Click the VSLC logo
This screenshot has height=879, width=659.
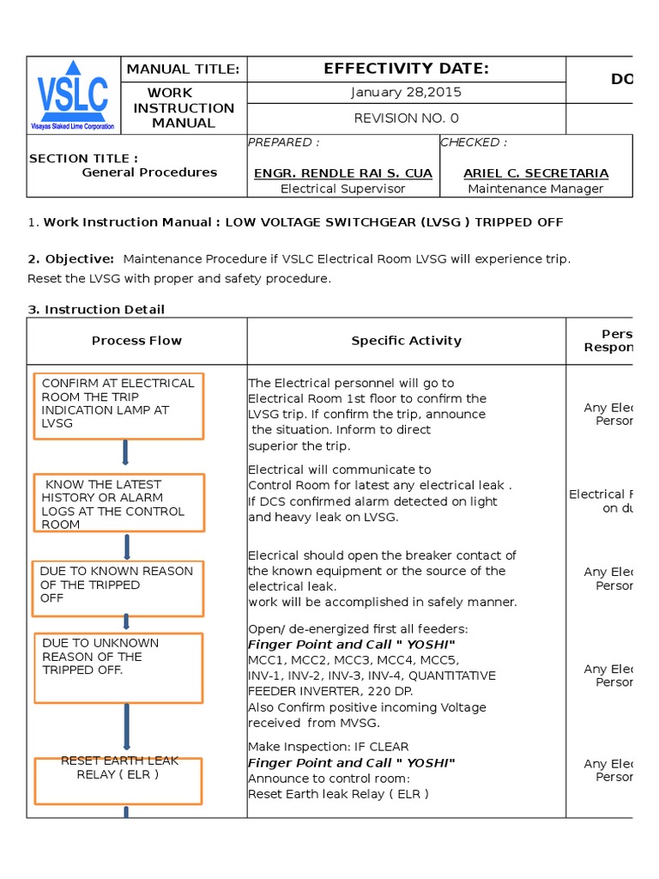click(x=73, y=94)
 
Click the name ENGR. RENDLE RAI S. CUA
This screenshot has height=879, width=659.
click(x=343, y=173)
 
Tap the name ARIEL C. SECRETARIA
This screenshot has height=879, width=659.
click(x=535, y=173)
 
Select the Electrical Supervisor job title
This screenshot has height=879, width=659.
click(x=343, y=189)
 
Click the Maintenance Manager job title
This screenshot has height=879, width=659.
click(x=535, y=189)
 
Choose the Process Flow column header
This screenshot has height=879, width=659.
click(x=136, y=341)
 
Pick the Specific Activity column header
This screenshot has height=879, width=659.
click(x=406, y=341)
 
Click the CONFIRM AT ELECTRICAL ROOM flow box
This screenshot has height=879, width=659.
click(x=118, y=405)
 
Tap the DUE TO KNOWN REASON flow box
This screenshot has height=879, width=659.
click(x=118, y=588)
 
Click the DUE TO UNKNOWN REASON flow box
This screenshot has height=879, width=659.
click(x=118, y=667)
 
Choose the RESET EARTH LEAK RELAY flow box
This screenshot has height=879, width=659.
click(x=118, y=780)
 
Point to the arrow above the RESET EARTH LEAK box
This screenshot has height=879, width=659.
click(x=126, y=729)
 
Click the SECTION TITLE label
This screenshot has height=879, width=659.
click(x=83, y=158)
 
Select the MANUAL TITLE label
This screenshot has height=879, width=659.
click(x=184, y=70)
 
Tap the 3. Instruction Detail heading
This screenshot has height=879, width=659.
click(x=96, y=309)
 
